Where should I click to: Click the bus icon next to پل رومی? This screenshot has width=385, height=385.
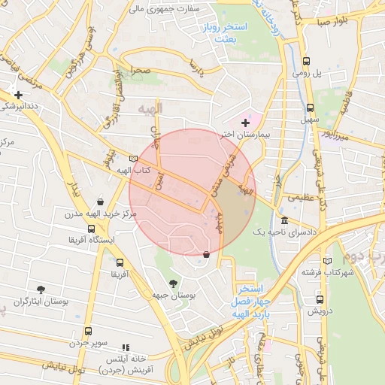[306, 62]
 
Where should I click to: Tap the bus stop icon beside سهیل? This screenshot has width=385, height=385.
[310, 108]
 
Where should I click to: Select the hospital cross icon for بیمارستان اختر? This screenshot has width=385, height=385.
[245, 123]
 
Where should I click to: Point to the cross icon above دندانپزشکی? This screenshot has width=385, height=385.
[18, 95]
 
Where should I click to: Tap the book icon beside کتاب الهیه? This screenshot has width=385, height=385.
[133, 159]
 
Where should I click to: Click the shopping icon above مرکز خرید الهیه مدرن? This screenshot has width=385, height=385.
[100, 202]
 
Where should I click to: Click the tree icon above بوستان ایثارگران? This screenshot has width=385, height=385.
[41, 289]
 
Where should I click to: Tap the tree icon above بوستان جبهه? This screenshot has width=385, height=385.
[174, 284]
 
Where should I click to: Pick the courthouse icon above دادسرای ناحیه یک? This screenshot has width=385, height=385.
[284, 221]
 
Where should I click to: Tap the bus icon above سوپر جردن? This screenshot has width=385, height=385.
[89, 331]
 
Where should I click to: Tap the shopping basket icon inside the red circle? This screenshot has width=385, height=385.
[207, 253]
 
